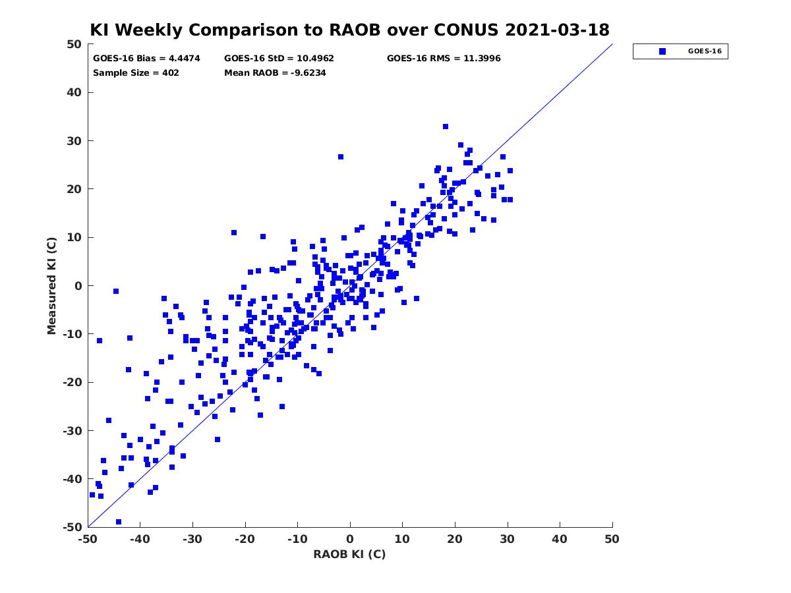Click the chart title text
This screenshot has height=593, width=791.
point(349,30)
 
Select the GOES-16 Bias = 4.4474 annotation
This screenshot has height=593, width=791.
point(146,59)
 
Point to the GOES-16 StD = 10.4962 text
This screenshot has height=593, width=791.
point(279,59)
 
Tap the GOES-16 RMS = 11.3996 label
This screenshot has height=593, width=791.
point(444,59)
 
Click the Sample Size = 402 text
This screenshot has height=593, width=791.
point(136,72)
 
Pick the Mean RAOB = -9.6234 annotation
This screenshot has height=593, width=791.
point(275,72)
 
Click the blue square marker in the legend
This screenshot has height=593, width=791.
point(662,51)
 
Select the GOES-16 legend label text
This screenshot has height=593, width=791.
point(705,51)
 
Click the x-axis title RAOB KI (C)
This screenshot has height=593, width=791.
point(349,553)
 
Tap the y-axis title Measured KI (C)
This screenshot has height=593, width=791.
point(51,286)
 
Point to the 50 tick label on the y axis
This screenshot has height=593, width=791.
point(74,44)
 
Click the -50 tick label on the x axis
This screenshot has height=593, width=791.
point(88,539)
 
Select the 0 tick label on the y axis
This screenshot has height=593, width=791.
point(78,286)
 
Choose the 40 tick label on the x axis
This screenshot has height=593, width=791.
point(560,539)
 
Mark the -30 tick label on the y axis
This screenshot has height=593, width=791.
point(73,431)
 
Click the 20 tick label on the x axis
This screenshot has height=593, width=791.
point(455,539)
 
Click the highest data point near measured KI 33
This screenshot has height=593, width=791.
point(446,127)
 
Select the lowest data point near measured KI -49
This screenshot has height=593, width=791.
point(119,522)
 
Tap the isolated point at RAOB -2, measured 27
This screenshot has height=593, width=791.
point(341,157)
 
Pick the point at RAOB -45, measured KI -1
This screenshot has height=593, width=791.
point(115,291)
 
